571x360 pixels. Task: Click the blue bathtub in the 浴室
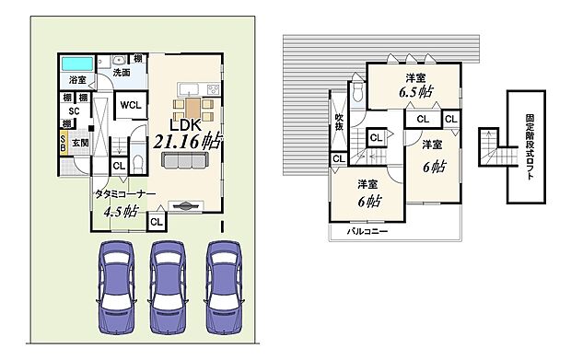(x=77, y=66)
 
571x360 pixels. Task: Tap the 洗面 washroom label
(x=122, y=72)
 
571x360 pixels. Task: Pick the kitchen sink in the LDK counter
(x=183, y=88)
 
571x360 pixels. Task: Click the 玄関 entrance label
(x=80, y=144)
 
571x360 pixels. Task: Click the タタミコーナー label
(x=123, y=193)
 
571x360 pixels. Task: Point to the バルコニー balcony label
(x=367, y=231)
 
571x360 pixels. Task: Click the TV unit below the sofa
(x=182, y=204)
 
